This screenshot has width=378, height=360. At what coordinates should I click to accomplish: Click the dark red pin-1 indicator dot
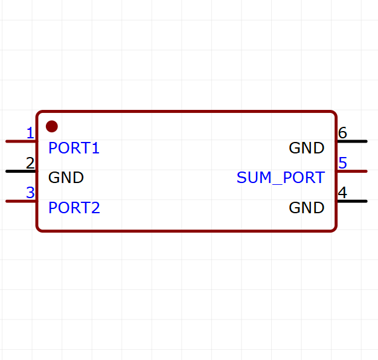click(x=52, y=126)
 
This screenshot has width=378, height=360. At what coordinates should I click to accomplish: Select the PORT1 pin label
click(x=74, y=148)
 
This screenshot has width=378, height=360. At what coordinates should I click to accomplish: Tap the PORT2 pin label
click(x=74, y=208)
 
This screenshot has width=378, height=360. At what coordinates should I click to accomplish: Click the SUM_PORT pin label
click(x=281, y=178)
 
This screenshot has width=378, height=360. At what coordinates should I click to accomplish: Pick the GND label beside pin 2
click(x=66, y=178)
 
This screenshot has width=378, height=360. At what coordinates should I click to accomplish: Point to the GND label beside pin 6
click(x=307, y=148)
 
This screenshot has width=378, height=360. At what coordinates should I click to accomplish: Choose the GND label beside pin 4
click(x=307, y=208)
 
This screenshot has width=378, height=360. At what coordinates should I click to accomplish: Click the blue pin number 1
click(x=30, y=133)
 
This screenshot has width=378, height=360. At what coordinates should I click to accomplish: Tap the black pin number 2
click(x=30, y=162)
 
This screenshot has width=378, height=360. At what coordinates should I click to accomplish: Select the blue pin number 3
click(x=30, y=193)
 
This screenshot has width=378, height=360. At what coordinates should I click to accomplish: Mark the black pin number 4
click(x=342, y=193)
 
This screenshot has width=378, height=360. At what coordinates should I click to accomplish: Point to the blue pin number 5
click(x=342, y=162)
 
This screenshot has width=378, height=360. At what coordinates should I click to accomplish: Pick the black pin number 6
click(x=342, y=133)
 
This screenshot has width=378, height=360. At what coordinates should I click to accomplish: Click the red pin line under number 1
click(x=21, y=141)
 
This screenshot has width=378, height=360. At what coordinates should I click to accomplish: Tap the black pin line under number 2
click(x=21, y=171)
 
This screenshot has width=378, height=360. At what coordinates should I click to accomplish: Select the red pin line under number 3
click(x=21, y=201)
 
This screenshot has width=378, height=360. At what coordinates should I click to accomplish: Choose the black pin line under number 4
click(x=351, y=201)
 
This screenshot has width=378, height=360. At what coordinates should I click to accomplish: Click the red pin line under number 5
click(x=351, y=171)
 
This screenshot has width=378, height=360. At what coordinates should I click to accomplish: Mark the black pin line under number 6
click(x=351, y=141)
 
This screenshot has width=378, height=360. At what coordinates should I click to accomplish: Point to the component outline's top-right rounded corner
click(x=334, y=114)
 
